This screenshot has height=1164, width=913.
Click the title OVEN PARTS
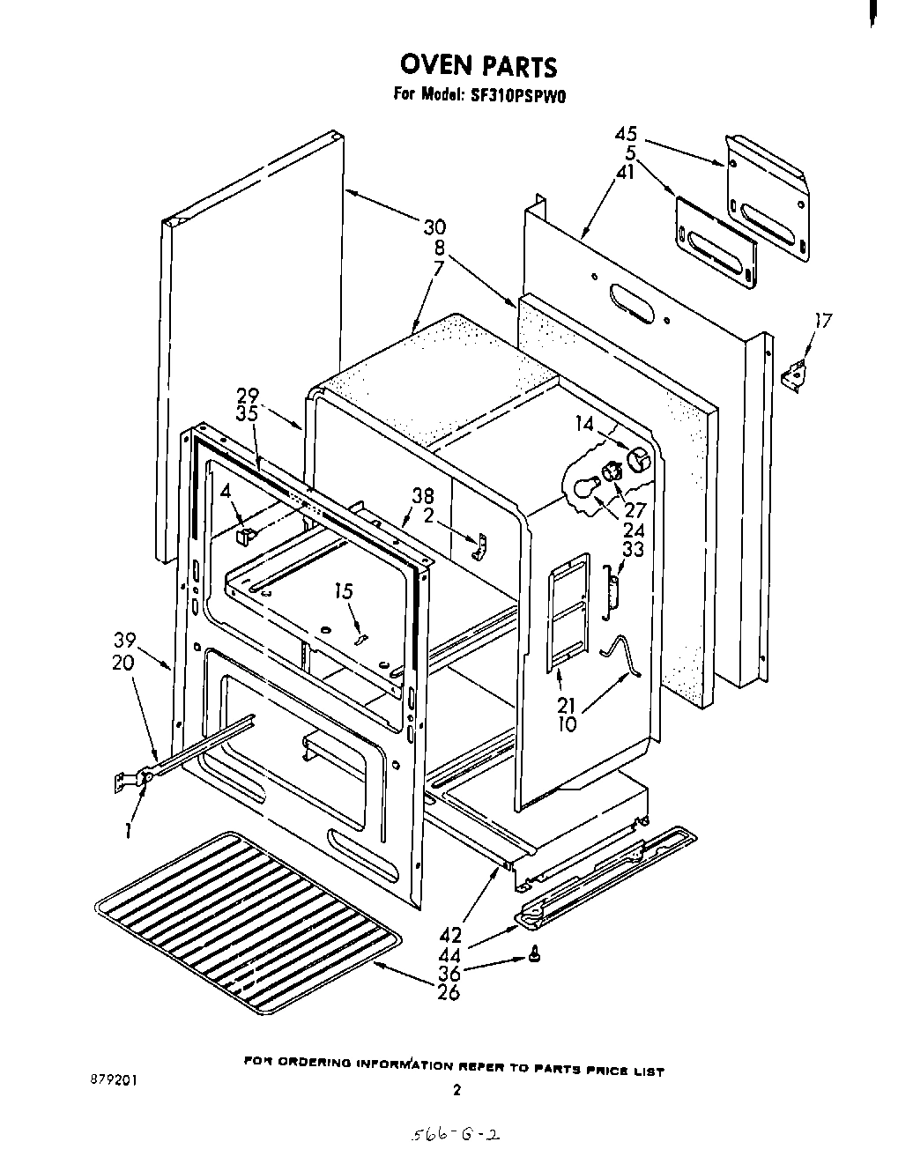tap(478, 66)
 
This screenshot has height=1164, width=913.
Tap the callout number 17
tap(822, 322)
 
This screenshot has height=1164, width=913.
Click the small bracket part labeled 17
tap(794, 372)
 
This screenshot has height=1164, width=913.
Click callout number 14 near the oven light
tap(585, 423)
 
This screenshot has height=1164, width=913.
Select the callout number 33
tap(633, 549)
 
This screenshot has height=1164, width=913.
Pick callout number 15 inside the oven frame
tap(344, 591)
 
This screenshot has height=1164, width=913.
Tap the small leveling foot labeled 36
tap(535, 954)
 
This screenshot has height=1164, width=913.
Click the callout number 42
tap(449, 935)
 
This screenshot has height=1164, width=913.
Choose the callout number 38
tap(425, 496)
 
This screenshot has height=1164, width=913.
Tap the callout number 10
tap(568, 725)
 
